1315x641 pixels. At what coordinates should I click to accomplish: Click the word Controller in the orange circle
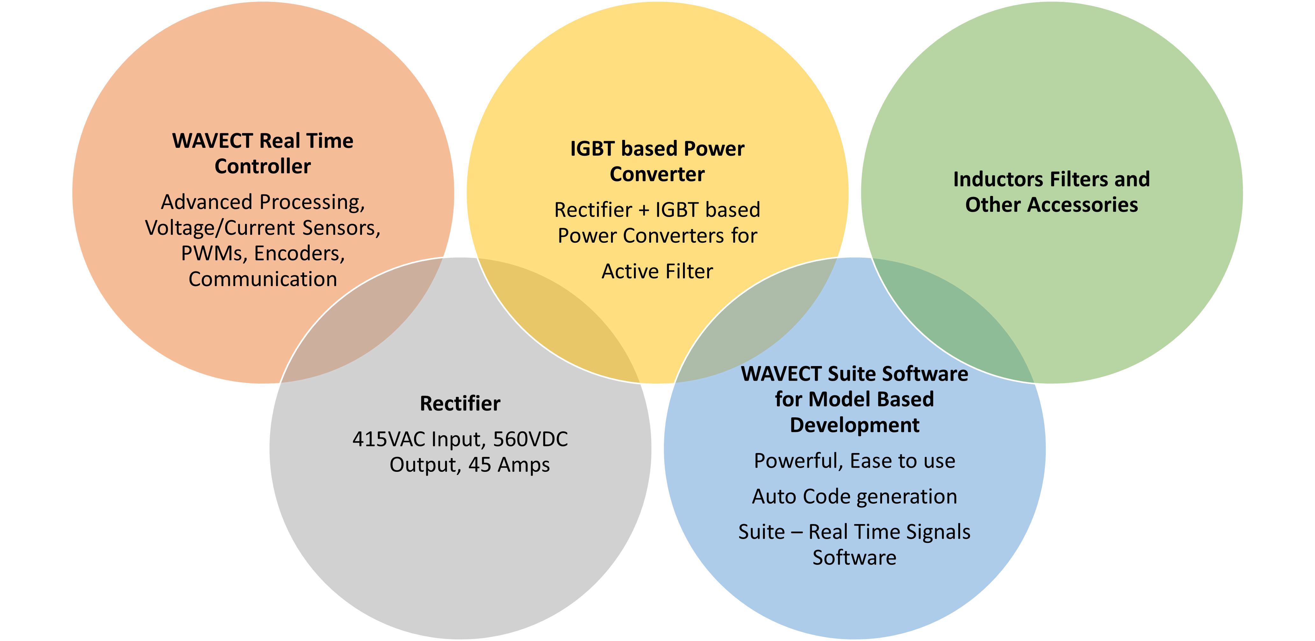tap(262, 166)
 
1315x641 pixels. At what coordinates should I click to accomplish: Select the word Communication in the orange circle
tap(263, 279)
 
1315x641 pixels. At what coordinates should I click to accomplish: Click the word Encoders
tap(300, 254)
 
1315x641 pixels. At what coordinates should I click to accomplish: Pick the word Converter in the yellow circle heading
tap(657, 175)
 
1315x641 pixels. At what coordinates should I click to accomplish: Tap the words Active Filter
tap(657, 271)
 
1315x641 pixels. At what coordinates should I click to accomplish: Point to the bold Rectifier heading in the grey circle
tap(460, 404)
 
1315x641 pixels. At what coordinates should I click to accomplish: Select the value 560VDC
tap(530, 439)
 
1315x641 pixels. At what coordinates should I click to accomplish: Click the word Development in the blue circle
tap(855, 425)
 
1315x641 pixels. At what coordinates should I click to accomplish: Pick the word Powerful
tap(798, 461)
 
